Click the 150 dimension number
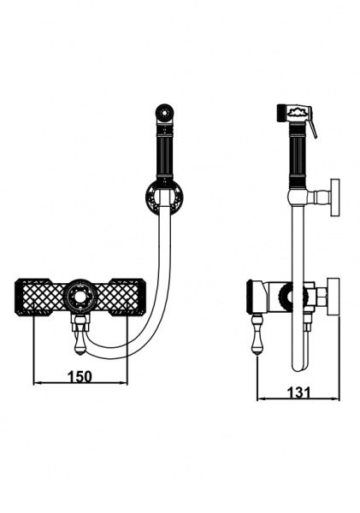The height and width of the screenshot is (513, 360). click(80, 376)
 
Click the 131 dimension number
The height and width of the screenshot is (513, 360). click(298, 392)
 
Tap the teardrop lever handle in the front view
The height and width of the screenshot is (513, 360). click(80, 341)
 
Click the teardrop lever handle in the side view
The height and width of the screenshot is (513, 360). click(258, 339)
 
